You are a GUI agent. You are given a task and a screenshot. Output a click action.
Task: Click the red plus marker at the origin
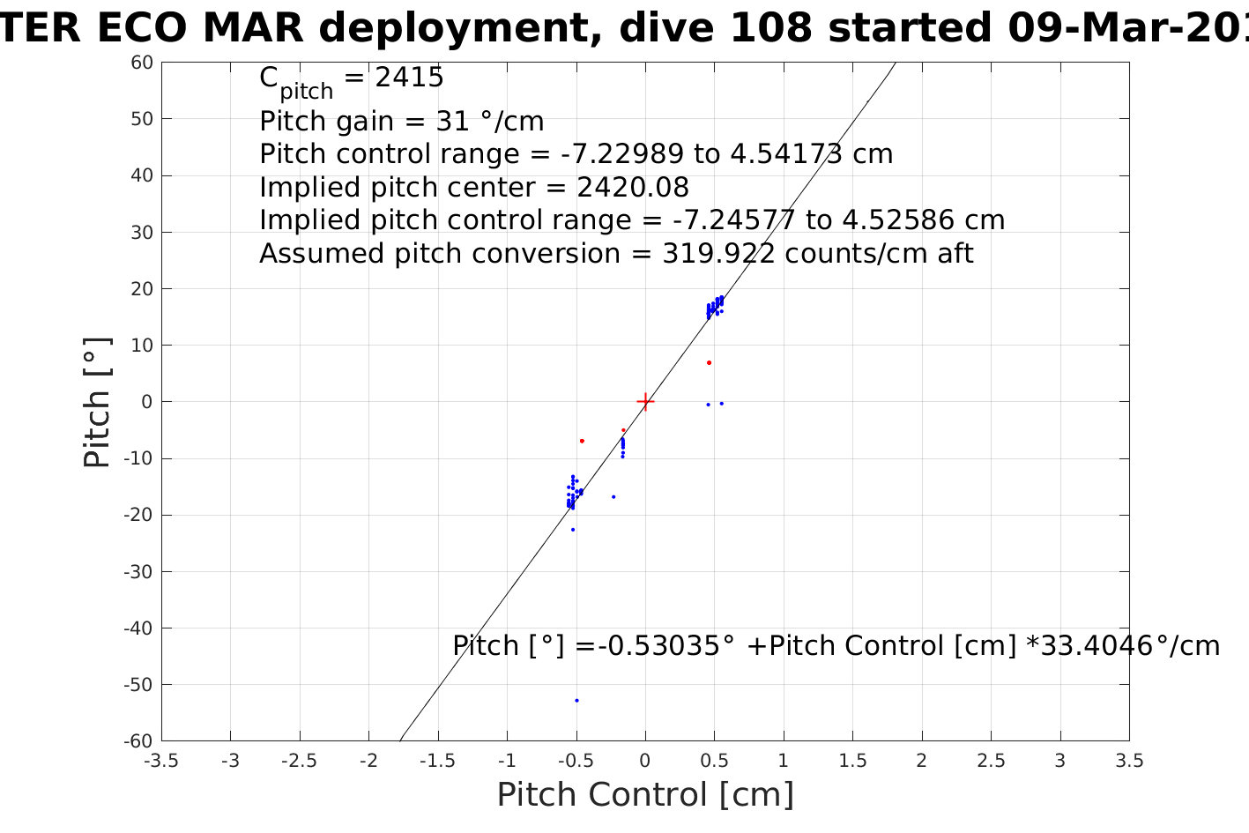click(x=645, y=402)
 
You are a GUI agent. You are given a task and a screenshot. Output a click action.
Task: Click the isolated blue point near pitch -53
click(x=576, y=701)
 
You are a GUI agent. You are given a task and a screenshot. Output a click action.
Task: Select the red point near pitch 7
click(x=709, y=363)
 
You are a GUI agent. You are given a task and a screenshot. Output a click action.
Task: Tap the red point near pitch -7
click(x=582, y=441)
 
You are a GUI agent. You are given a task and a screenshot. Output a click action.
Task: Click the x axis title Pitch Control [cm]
click(x=645, y=795)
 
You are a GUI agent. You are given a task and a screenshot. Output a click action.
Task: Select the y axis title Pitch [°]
click(x=98, y=402)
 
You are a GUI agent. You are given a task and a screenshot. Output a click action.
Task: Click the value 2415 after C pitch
click(x=409, y=78)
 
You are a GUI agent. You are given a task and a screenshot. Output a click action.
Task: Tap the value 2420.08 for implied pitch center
click(x=633, y=188)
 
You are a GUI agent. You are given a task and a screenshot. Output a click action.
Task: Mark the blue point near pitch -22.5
click(x=572, y=530)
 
